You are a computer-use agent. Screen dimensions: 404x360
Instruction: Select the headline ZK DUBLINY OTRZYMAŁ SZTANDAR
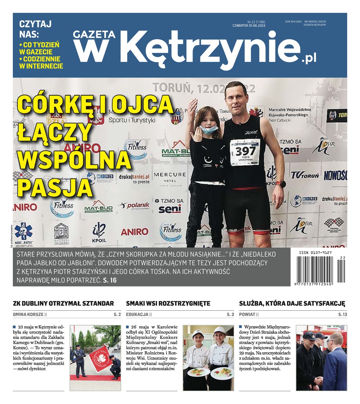coord(63,303)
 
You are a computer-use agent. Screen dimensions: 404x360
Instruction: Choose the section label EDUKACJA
coord(137,314)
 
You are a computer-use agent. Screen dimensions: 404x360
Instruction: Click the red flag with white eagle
coord(101,357)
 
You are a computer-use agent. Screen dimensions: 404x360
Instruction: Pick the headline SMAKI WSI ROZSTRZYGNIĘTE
coord(168,303)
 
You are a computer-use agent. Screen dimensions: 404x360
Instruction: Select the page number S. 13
coord(343,314)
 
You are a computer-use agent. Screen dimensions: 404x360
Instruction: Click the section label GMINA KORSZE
coord(28,314)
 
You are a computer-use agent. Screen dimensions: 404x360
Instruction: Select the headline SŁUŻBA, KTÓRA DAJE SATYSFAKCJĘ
coord(292,303)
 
